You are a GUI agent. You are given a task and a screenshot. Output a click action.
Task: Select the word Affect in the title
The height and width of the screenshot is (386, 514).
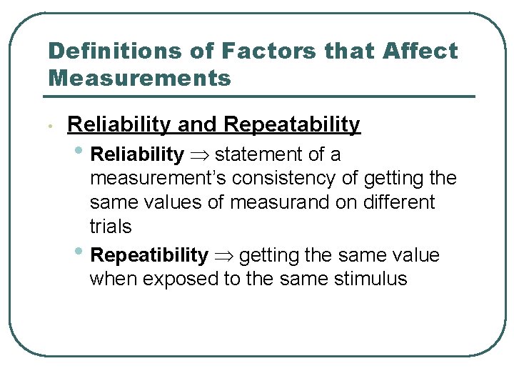[420, 51]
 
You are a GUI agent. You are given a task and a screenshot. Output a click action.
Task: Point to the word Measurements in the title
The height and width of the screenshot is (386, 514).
[140, 77]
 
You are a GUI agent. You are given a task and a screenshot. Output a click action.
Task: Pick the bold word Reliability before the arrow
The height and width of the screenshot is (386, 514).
[138, 154]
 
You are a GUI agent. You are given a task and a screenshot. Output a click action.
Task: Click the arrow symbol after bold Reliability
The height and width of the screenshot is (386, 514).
[199, 155]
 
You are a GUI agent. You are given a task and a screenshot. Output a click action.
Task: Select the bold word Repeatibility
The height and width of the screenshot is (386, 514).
[150, 255]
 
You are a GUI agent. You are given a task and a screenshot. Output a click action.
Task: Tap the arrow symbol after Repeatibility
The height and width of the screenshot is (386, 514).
[223, 256]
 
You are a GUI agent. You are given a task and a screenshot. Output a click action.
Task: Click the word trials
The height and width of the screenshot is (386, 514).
[111, 227]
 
